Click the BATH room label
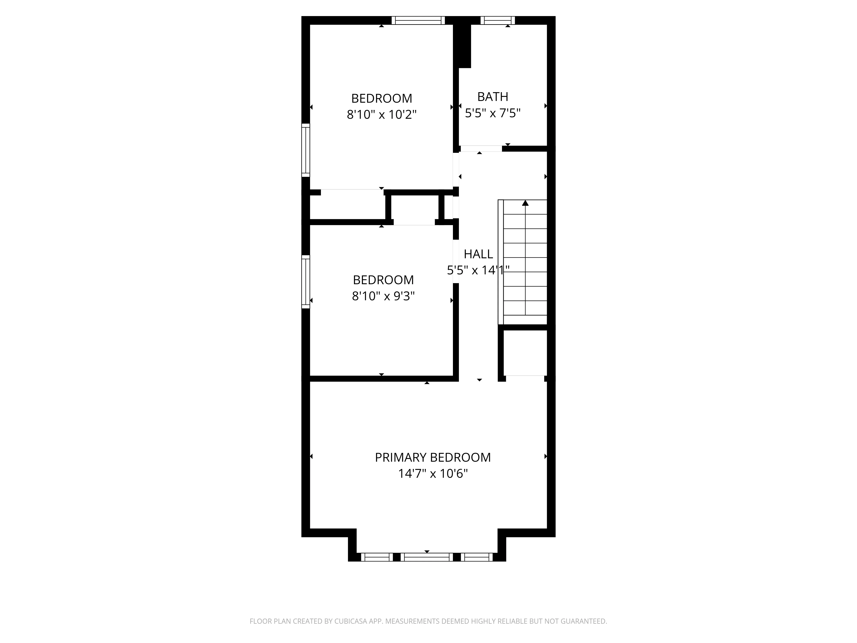(492, 96)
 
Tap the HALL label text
(478, 254)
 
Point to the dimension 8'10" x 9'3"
(383, 296)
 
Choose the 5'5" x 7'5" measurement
(492, 113)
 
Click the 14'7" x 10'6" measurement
(433, 474)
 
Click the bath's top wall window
(498, 20)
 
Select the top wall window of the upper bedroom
(418, 20)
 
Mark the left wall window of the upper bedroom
(306, 150)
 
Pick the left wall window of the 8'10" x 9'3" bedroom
(306, 282)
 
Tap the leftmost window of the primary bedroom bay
(377, 557)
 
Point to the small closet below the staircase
(525, 353)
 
